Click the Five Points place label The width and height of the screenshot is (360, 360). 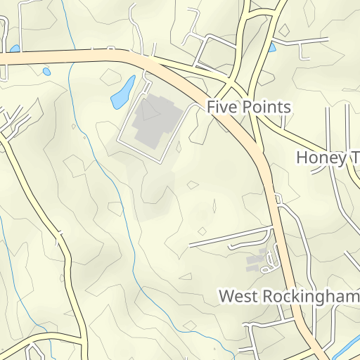click(248, 107)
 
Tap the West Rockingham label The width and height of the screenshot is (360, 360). click(289, 296)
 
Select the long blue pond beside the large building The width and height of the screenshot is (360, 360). click(122, 92)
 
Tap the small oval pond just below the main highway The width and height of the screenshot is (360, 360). click(46, 71)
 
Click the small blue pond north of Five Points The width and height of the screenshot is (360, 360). click(272, 48)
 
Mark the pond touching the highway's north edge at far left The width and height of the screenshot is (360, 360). click(14, 49)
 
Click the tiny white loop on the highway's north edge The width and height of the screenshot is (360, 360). click(110, 49)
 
